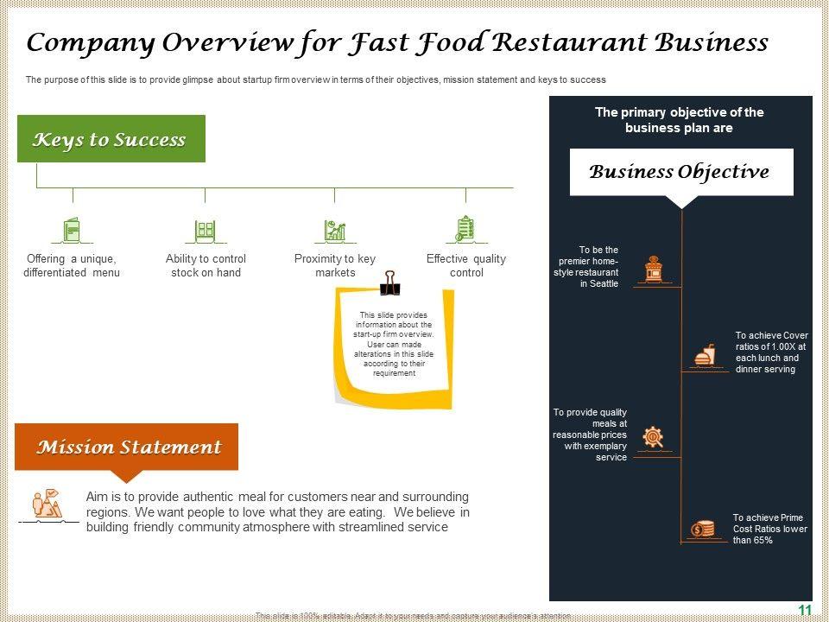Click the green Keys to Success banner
111,139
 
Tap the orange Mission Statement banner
127,447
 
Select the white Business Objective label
680,172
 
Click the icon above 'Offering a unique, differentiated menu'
72,230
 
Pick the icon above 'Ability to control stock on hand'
205,230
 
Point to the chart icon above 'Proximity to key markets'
335,230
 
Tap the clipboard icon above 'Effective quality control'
465,229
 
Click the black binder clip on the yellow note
390,281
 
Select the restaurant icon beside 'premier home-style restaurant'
654,269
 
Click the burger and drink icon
705,355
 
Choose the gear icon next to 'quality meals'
654,438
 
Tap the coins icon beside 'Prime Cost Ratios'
702,528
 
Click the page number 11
804,610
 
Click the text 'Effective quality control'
466,265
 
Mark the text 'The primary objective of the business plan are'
680,120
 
